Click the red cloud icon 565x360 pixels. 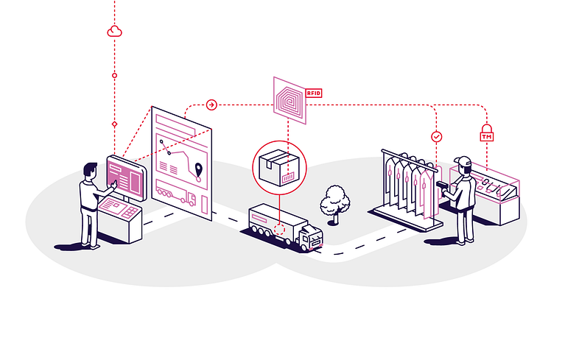point(115,32)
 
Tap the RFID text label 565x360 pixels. point(314,93)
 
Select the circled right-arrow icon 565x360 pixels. point(211,105)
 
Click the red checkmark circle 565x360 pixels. point(436,137)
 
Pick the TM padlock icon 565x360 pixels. point(486,133)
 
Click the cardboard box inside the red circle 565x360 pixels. point(279,168)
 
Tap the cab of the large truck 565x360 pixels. point(311,236)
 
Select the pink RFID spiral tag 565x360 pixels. point(289,100)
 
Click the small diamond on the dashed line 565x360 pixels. point(115,124)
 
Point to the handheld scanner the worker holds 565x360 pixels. point(442,186)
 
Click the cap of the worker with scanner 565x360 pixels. point(463,160)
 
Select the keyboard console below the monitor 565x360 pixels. point(119,208)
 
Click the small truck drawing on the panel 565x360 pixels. point(175,194)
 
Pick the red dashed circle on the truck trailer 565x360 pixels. point(279,229)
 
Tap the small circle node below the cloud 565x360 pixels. point(115,76)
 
